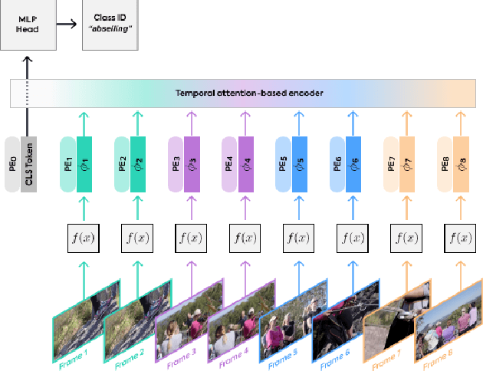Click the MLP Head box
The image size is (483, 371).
[27, 25]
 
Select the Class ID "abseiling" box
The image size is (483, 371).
[109, 25]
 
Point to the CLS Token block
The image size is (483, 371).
[29, 164]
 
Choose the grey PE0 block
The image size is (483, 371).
[12, 164]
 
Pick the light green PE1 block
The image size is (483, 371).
[68, 164]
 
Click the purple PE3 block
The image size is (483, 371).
[176, 164]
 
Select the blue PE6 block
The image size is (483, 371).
[337, 164]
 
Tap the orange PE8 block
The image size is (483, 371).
[445, 164]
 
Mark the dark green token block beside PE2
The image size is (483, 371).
[138, 164]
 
